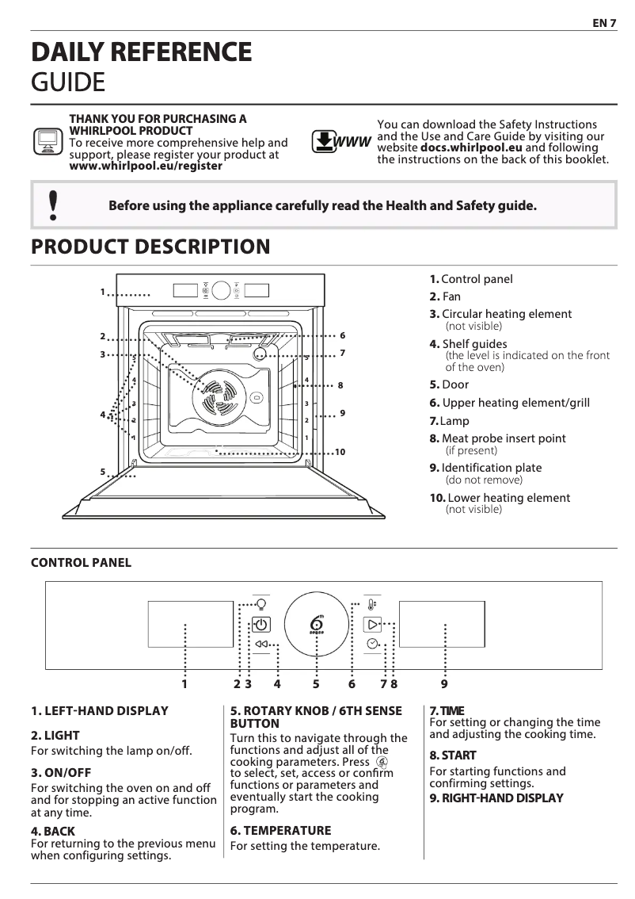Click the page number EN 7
coord(604,23)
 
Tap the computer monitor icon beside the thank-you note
coord(48,142)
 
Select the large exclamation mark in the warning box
coord(53,205)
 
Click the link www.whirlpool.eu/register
coord(146,166)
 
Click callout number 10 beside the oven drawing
coord(340,452)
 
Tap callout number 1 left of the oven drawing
coord(103,293)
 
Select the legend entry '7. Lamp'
coord(449,421)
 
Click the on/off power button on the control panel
coord(261,624)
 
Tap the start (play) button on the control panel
coord(372,624)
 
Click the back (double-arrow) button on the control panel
coord(261,644)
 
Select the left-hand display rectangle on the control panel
coord(185,624)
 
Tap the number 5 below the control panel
coord(316,683)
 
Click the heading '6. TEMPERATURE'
coord(280,831)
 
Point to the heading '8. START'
coord(452,756)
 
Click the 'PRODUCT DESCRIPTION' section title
coord(150,247)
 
